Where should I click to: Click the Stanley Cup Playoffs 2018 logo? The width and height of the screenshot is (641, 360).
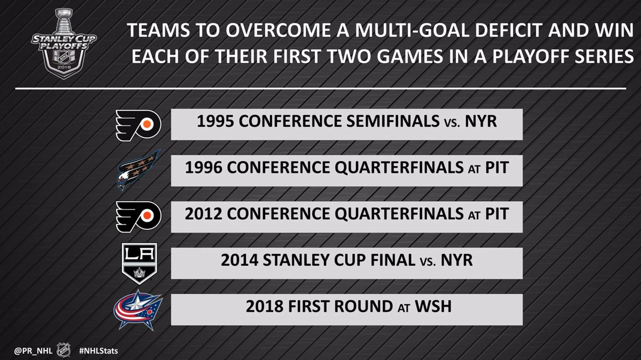click(x=64, y=43)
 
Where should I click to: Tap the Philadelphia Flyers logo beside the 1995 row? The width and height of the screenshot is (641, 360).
click(x=138, y=126)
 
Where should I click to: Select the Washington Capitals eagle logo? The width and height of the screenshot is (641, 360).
click(x=138, y=170)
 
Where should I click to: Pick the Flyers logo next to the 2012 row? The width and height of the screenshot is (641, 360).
click(x=138, y=216)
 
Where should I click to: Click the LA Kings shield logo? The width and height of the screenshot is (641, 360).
click(x=139, y=263)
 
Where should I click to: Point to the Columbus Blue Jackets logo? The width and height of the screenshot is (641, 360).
click(x=138, y=310)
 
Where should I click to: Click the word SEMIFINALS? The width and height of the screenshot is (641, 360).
click(x=393, y=121)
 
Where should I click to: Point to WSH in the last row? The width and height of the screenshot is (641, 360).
click(x=433, y=306)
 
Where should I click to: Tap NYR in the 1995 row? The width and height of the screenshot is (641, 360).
click(x=481, y=121)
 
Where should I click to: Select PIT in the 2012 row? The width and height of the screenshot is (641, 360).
click(x=497, y=214)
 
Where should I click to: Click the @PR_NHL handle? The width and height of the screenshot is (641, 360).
click(x=33, y=351)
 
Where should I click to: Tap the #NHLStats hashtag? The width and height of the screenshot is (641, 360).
click(x=98, y=351)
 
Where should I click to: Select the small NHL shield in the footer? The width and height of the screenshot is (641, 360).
click(x=64, y=350)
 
